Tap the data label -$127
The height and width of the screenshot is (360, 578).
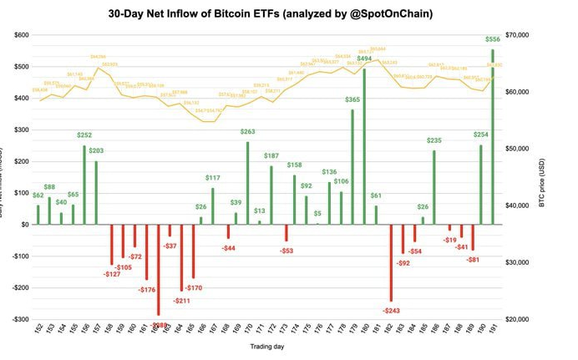(112, 273)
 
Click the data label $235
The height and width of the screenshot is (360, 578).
(433, 141)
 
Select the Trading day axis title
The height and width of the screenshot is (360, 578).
(264, 345)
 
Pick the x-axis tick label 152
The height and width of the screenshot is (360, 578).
(38, 331)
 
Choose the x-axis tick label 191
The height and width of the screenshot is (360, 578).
(492, 331)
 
